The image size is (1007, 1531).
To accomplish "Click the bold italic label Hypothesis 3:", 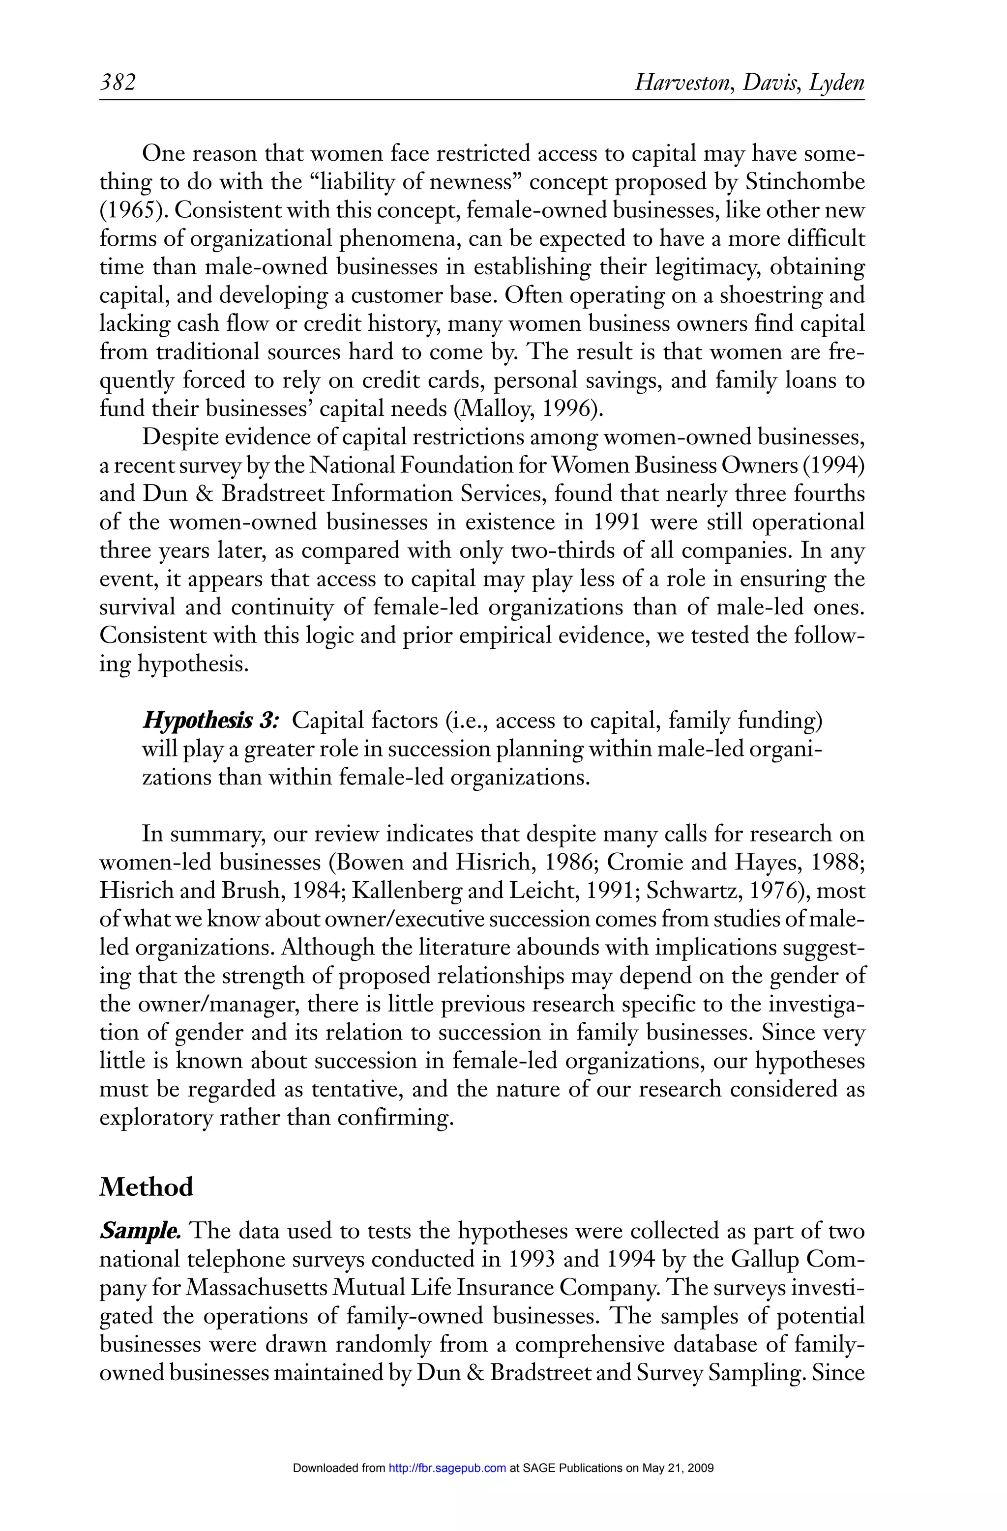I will click(210, 721).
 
